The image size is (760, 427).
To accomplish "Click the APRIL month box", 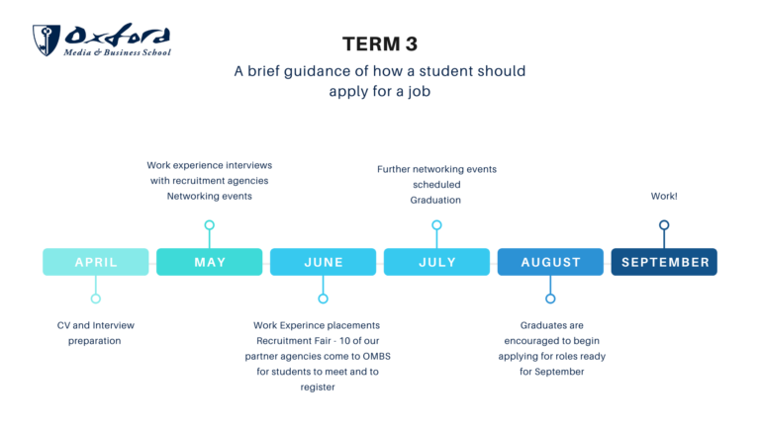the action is point(95,262).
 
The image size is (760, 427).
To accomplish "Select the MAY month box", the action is point(210,262).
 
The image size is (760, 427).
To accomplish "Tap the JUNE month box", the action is point(323,262).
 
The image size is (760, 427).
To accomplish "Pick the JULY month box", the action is point(436,262).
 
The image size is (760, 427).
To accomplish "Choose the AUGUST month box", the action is point(550,262).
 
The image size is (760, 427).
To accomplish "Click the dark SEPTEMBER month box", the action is point(664,262).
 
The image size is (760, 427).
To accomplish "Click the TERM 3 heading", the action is point(380,44).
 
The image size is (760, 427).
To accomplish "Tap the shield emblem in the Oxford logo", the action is point(47,41).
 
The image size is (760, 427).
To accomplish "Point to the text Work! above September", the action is point(664,196).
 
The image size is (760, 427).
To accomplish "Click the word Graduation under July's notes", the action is point(435,200).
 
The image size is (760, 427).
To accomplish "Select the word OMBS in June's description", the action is point(377,356).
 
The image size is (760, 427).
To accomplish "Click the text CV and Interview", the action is point(95,325).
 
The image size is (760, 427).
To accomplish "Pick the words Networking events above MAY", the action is point(210,196).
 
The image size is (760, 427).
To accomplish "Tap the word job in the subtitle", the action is point(419,92).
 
